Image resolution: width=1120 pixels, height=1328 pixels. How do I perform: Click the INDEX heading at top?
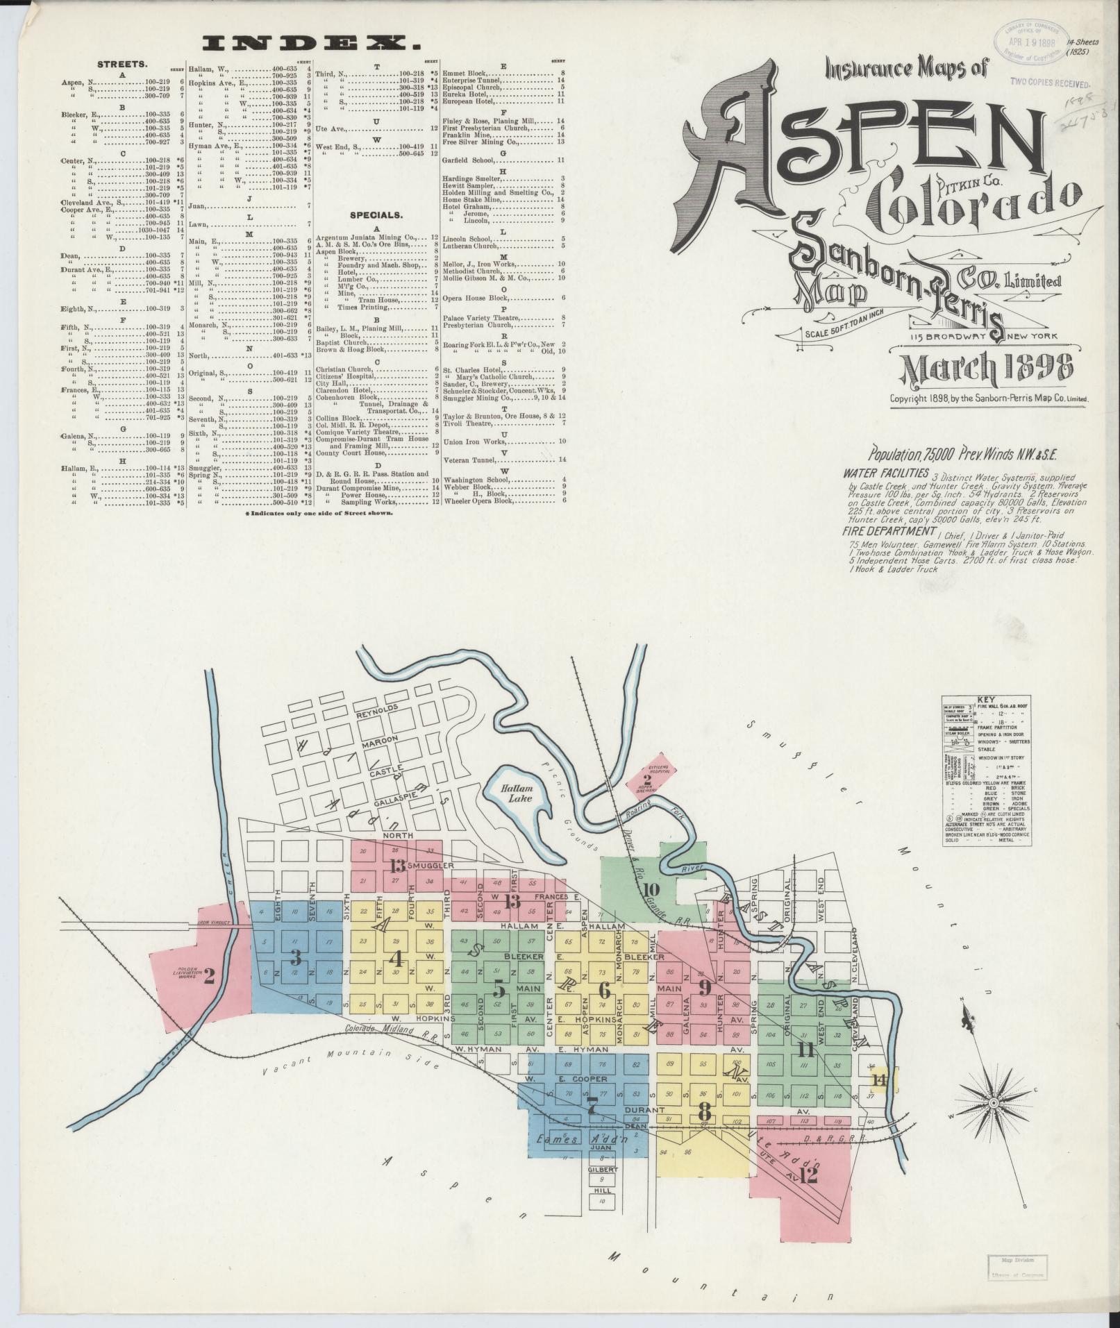pyautogui.click(x=311, y=44)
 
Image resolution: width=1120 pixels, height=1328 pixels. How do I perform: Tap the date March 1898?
pyautogui.click(x=985, y=371)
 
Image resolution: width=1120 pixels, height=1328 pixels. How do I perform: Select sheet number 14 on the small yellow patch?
pyautogui.click(x=881, y=1098)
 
